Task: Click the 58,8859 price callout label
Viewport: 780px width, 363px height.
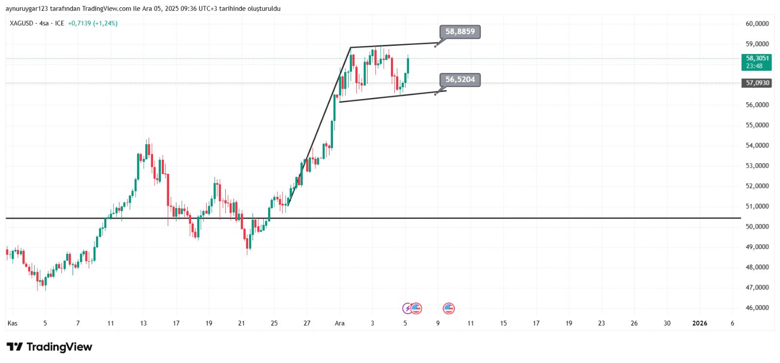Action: click(x=460, y=32)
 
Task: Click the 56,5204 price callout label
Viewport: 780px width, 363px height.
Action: click(x=460, y=79)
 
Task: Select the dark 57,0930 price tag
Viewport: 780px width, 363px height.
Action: click(x=757, y=83)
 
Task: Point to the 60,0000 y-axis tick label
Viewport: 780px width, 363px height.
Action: click(x=757, y=23)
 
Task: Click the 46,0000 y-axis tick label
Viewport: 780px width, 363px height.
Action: click(x=757, y=307)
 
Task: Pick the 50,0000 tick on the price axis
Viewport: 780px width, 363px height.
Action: click(x=757, y=227)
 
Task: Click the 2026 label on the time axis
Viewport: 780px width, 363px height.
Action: click(x=700, y=323)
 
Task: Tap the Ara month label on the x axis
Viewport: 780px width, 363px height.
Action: click(x=340, y=323)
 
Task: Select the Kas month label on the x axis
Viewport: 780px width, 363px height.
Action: click(x=13, y=323)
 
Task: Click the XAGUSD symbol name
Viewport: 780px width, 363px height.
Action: click(x=21, y=23)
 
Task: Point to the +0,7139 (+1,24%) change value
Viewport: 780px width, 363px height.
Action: click(x=93, y=23)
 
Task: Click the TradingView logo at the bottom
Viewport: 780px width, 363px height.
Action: click(x=49, y=347)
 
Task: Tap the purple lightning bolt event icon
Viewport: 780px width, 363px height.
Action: click(x=407, y=308)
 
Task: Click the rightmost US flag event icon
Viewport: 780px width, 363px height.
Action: click(x=448, y=308)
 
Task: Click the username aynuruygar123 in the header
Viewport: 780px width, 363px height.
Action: click(x=27, y=8)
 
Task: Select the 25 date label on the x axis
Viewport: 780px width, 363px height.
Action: click(x=274, y=323)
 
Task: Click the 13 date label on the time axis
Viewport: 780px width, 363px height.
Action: click(x=143, y=323)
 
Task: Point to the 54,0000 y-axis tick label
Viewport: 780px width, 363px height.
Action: click(x=757, y=145)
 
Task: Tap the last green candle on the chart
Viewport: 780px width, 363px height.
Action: click(x=408, y=65)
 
